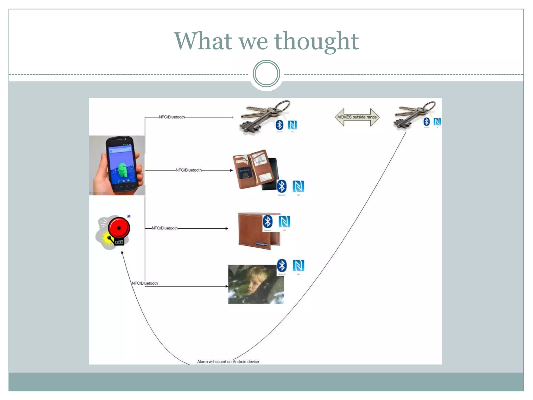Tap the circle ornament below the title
point(266,73)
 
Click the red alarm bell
point(119,228)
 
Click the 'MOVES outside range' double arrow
point(357,117)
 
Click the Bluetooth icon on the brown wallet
point(268,222)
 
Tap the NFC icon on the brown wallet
point(284,222)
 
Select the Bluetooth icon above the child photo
point(282,265)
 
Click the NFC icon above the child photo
point(298,265)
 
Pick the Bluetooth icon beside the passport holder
point(282,186)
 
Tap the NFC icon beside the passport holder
point(298,186)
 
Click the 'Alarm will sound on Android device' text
point(228,361)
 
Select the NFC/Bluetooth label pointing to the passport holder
point(189,170)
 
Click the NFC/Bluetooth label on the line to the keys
point(172,117)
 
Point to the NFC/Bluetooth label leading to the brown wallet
point(165,228)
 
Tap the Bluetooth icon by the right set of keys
point(427,121)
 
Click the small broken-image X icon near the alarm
point(129,216)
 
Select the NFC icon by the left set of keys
point(292,125)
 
